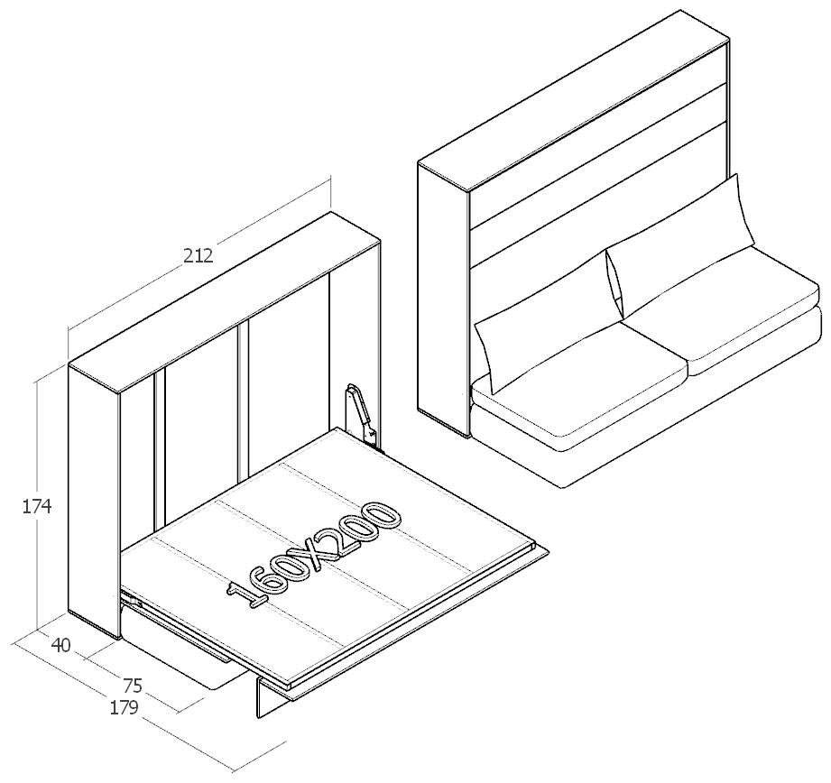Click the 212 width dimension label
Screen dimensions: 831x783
point(199,256)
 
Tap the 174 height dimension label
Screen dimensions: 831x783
point(37,507)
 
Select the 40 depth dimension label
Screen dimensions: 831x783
point(61,646)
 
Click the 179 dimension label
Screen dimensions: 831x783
point(124,708)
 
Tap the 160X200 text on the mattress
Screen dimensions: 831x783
point(314,555)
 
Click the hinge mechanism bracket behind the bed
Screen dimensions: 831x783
point(363,415)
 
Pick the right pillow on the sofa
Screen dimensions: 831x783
point(680,245)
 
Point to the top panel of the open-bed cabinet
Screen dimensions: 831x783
point(225,302)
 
